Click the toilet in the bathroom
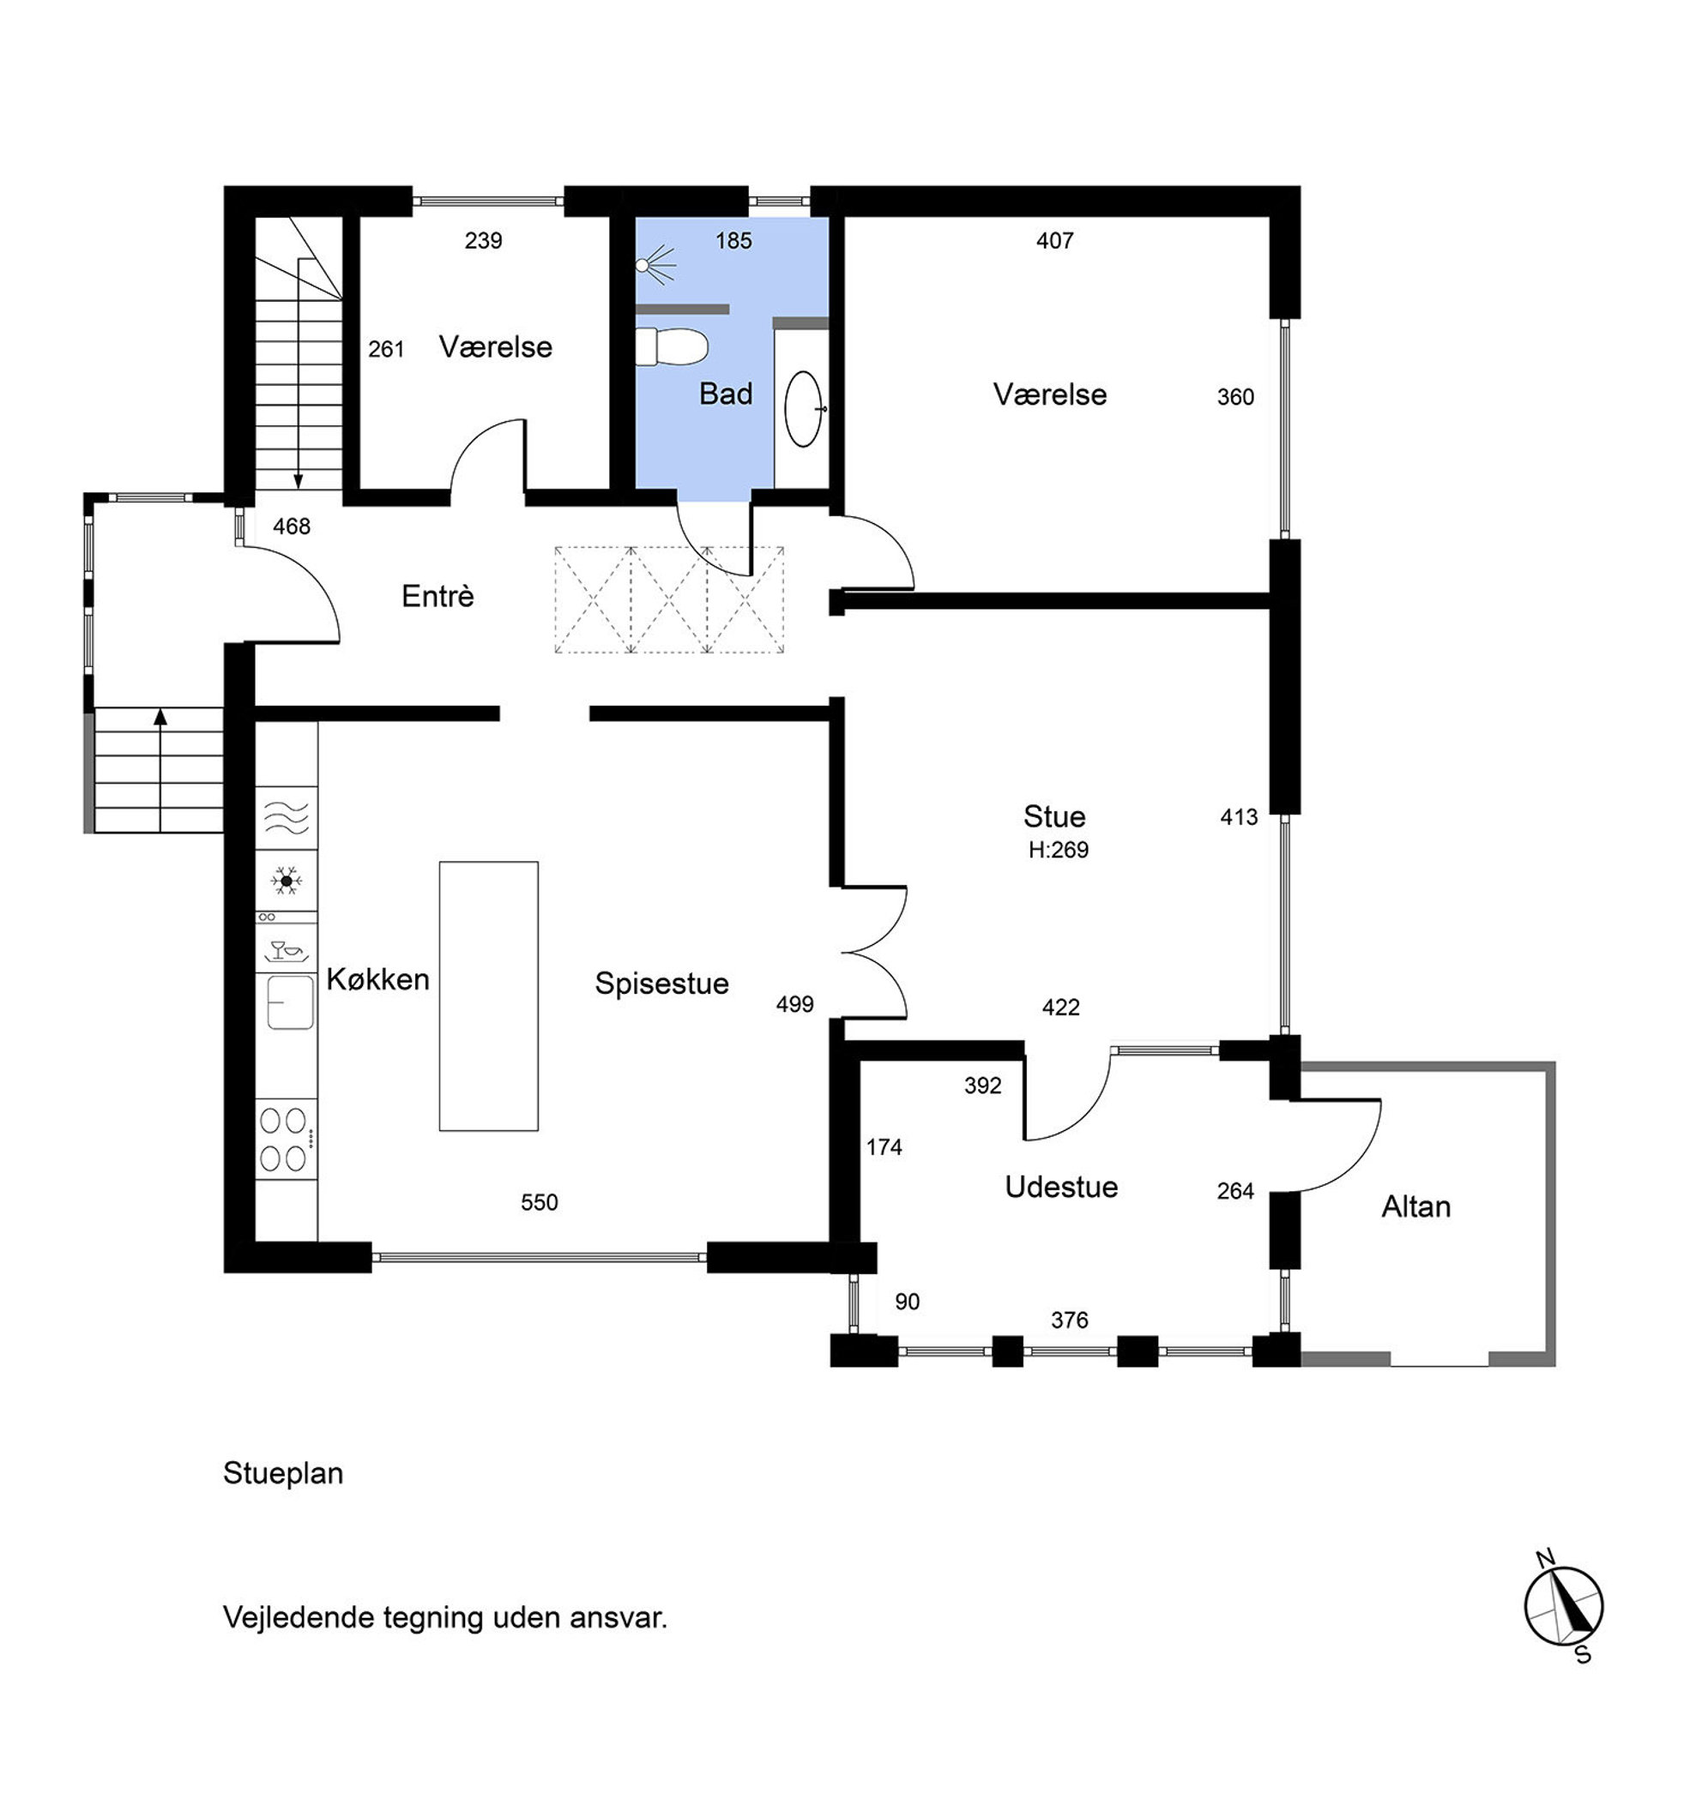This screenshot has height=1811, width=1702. point(672,347)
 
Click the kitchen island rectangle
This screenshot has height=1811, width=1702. point(488,996)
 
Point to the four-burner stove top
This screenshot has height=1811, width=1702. point(285,1139)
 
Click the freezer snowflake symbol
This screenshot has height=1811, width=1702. point(286,881)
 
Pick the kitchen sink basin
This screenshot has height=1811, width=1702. point(290,1002)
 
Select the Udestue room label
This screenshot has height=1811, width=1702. point(1061,1187)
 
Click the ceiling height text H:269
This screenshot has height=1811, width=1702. point(1058,850)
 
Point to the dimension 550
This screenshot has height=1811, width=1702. point(540,1202)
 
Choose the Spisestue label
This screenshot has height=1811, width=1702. point(661,984)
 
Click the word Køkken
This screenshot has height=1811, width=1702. point(377,980)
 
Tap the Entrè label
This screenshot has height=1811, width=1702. point(438,596)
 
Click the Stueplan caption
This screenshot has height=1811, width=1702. point(283,1474)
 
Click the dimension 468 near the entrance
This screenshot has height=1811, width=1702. point(292,526)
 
